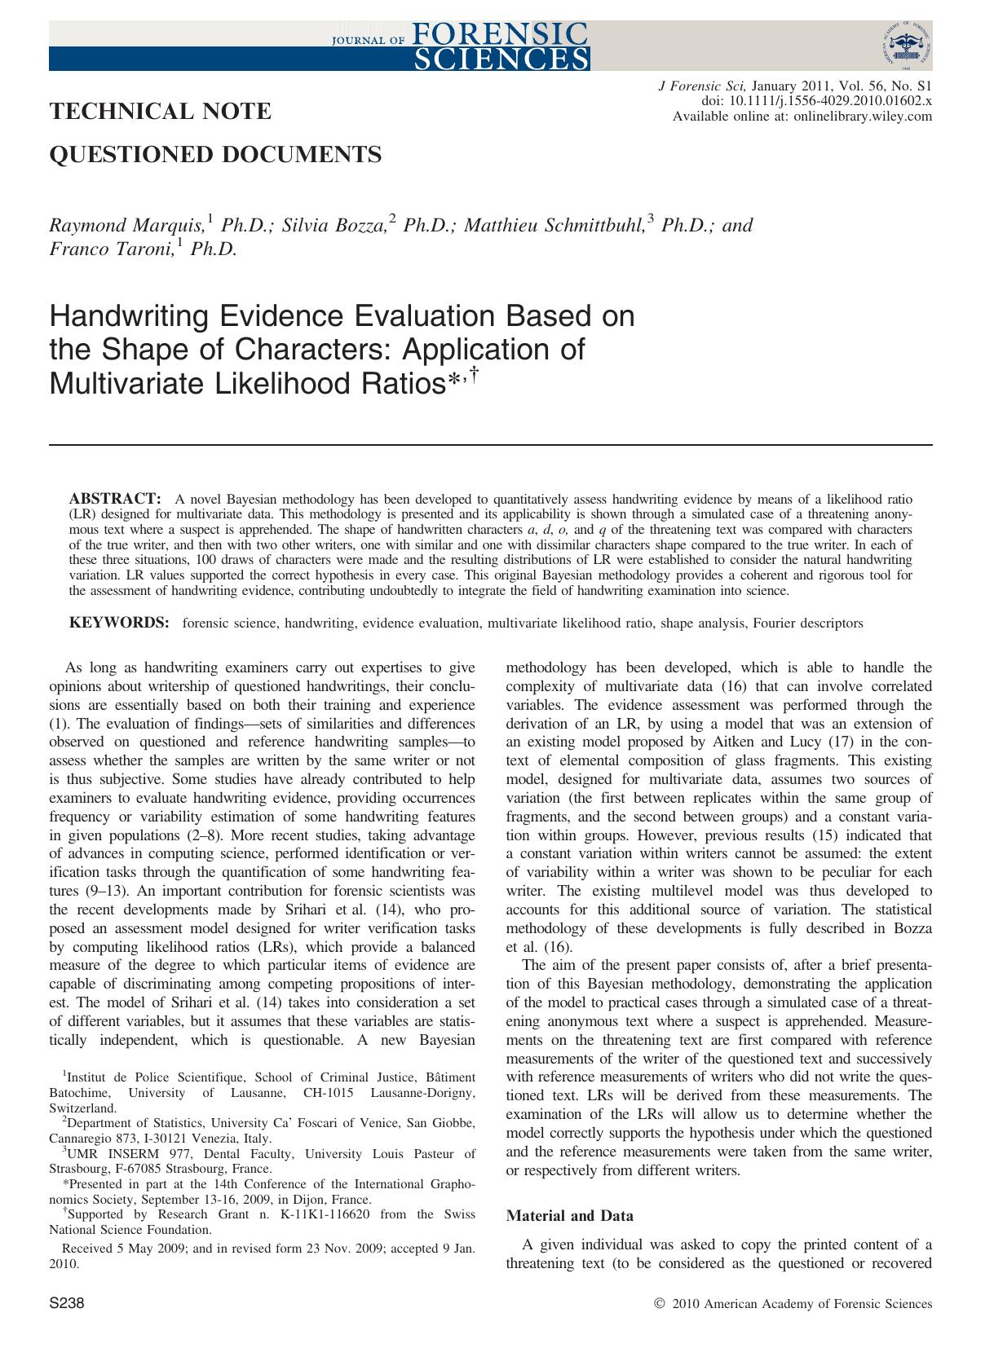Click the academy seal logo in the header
pyautogui.click(x=906, y=47)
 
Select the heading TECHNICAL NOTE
pyautogui.click(x=161, y=111)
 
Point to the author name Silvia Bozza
pyautogui.click(x=334, y=226)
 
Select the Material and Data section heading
pyautogui.click(x=569, y=1216)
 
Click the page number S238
pyautogui.click(x=67, y=1304)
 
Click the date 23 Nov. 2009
pyautogui.click(x=308, y=1248)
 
